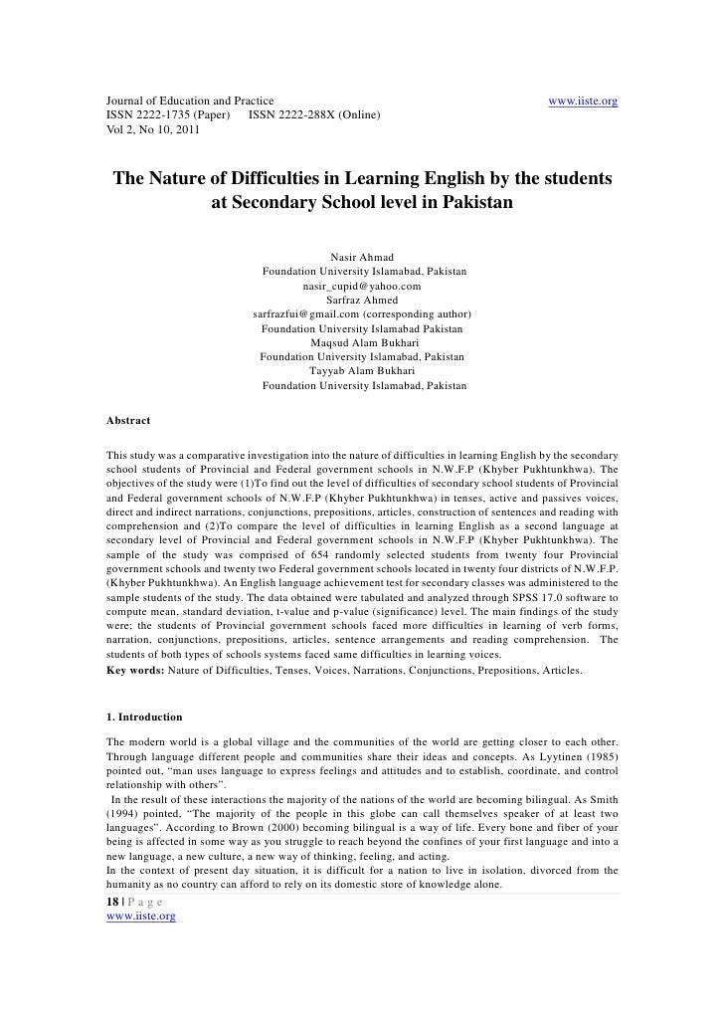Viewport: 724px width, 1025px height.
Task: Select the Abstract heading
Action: (x=128, y=421)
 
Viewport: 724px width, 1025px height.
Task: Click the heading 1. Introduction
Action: (x=144, y=716)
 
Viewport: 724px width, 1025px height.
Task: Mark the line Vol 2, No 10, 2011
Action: (x=153, y=131)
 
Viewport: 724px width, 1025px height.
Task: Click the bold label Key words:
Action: (x=136, y=672)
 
